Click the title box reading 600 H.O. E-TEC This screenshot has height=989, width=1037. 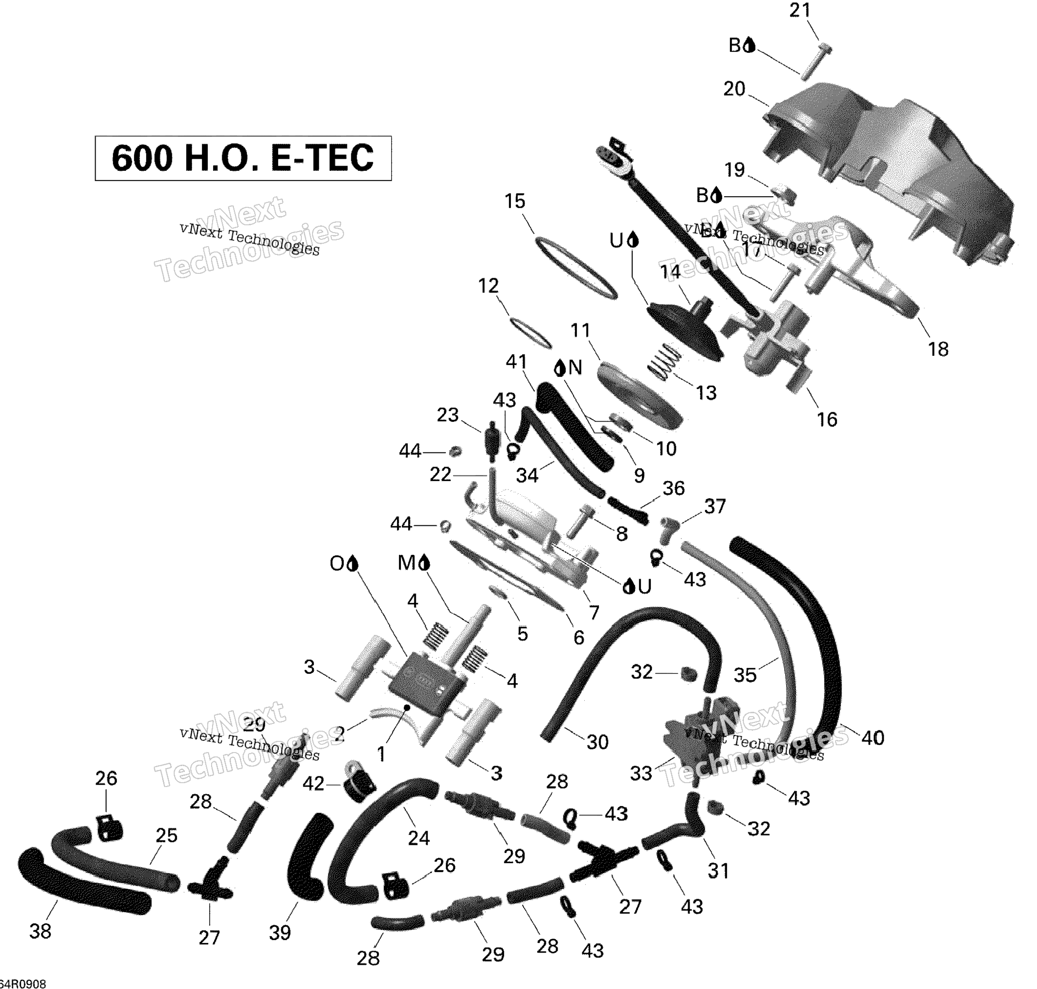243,158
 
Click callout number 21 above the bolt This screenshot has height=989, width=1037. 799,11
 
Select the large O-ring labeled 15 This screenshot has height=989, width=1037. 576,268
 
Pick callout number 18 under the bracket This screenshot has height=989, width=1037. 938,349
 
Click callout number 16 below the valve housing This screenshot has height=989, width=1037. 827,419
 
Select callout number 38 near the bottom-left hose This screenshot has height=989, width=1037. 40,932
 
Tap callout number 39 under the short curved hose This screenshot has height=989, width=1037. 280,933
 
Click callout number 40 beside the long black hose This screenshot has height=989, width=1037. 872,738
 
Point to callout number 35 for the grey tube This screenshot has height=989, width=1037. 745,675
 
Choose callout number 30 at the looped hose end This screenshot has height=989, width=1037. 597,742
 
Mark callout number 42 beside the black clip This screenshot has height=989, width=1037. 313,784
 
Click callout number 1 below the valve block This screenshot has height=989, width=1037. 381,754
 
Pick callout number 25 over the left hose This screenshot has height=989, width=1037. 166,836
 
